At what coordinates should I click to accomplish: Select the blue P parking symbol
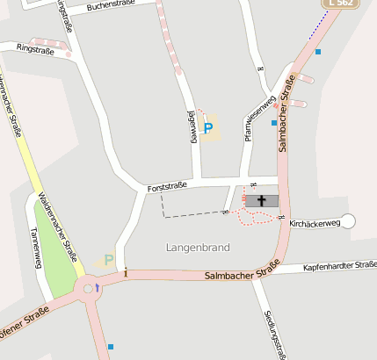tap(208, 129)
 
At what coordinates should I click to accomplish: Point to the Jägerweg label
tap(192, 127)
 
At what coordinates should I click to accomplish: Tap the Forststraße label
tap(168, 187)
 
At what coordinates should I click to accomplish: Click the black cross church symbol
tap(261, 201)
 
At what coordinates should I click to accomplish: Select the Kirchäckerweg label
tap(314, 224)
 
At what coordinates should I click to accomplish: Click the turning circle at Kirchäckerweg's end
tap(348, 221)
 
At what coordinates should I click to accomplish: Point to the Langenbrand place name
tap(198, 248)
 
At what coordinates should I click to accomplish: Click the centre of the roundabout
tap(88, 288)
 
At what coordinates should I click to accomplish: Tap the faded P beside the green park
tap(108, 260)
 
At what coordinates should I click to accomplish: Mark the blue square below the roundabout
tap(111, 347)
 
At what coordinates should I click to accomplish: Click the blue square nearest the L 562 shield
tap(318, 52)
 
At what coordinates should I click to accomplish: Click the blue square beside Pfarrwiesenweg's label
tap(274, 123)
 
